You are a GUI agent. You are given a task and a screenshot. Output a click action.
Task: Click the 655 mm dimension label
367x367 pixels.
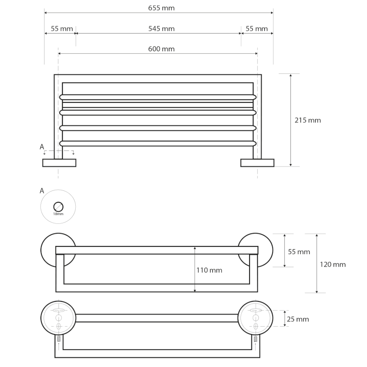(161, 8)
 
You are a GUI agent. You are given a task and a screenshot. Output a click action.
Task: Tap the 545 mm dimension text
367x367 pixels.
(161, 29)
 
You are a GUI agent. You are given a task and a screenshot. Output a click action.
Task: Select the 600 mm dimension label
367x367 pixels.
(161, 49)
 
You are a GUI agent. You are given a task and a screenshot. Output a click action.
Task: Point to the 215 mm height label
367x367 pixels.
(307, 120)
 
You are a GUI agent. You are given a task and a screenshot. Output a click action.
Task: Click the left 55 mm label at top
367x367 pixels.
(62, 29)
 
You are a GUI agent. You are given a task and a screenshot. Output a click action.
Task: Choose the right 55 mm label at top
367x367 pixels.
(256, 29)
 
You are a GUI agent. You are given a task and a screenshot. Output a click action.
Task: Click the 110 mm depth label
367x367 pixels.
(209, 270)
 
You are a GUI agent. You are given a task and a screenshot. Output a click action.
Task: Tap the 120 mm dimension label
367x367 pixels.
(333, 265)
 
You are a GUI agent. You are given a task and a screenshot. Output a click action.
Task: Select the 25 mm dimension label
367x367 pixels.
(298, 319)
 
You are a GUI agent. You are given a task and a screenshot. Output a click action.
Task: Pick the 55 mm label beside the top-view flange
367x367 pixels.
(299, 252)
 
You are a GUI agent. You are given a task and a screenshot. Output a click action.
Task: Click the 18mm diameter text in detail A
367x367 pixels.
(58, 214)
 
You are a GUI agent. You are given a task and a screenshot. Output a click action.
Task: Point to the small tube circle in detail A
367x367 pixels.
(58, 207)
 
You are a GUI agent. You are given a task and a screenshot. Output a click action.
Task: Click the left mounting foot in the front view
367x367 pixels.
(59, 163)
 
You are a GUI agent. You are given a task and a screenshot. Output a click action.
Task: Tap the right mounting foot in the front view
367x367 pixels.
(257, 163)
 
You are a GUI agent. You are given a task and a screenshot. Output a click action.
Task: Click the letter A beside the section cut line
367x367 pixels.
(42, 147)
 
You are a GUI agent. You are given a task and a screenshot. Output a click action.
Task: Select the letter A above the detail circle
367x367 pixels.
(42, 191)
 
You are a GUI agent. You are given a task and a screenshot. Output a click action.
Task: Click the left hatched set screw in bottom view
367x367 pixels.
(59, 339)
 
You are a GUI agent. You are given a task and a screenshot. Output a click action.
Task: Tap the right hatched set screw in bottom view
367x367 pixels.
(256, 339)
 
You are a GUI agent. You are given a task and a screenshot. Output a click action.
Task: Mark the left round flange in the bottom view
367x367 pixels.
(58, 318)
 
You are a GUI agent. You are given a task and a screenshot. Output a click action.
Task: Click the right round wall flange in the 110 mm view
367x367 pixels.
(256, 250)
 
